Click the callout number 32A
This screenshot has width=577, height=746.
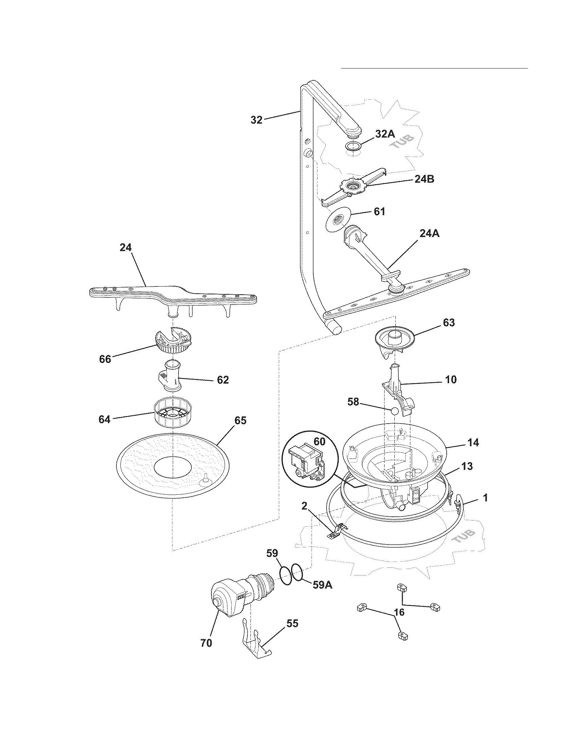pyautogui.click(x=385, y=134)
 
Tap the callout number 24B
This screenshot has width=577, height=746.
pyautogui.click(x=424, y=179)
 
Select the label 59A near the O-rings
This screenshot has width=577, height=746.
pyautogui.click(x=323, y=585)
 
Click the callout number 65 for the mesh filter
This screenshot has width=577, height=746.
pyautogui.click(x=240, y=420)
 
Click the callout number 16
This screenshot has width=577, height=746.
pyautogui.click(x=399, y=612)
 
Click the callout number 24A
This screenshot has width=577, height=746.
pyautogui.click(x=429, y=234)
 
